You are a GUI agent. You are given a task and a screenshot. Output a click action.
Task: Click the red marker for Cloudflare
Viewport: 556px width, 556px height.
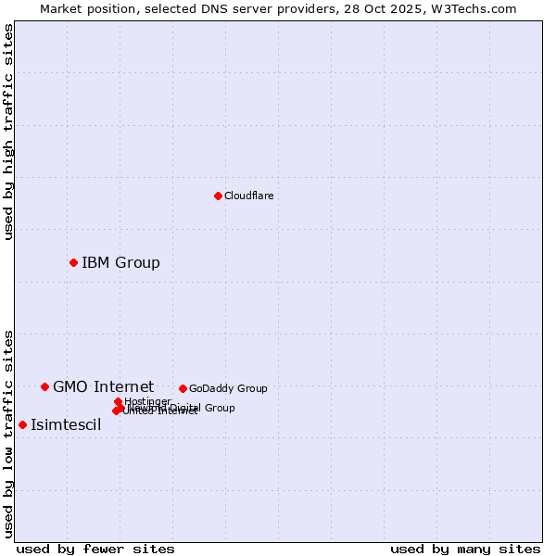(x=218, y=196)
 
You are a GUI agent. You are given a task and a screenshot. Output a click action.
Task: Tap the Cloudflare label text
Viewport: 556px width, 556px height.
(x=248, y=196)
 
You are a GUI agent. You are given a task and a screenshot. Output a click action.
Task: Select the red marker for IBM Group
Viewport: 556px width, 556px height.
(x=73, y=262)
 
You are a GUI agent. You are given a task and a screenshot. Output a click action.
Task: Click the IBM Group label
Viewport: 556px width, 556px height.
(x=120, y=262)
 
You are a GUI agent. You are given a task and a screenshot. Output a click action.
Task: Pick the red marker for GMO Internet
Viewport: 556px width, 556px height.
(x=44, y=386)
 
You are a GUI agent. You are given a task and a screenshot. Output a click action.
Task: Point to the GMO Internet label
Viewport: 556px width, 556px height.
(x=103, y=386)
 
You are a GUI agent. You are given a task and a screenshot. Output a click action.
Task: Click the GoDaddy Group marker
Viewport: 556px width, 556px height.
(x=183, y=388)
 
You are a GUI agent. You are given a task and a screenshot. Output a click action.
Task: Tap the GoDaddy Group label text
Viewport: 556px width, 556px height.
(x=228, y=388)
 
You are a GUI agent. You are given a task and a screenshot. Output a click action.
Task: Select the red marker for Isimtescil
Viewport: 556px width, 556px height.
(x=22, y=424)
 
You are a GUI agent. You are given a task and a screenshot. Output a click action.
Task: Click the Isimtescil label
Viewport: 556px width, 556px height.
(x=66, y=425)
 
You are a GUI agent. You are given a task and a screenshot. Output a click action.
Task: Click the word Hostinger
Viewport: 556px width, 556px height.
(x=147, y=401)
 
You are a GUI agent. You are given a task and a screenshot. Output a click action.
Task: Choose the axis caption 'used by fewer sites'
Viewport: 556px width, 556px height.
(x=95, y=549)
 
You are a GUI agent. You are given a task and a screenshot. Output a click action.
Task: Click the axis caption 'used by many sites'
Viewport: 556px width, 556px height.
(x=465, y=549)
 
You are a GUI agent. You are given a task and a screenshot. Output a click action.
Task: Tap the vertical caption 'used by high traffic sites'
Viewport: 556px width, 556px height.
(x=8, y=132)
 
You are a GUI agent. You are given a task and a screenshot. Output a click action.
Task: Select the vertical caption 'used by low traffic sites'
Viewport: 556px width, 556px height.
(x=8, y=433)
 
